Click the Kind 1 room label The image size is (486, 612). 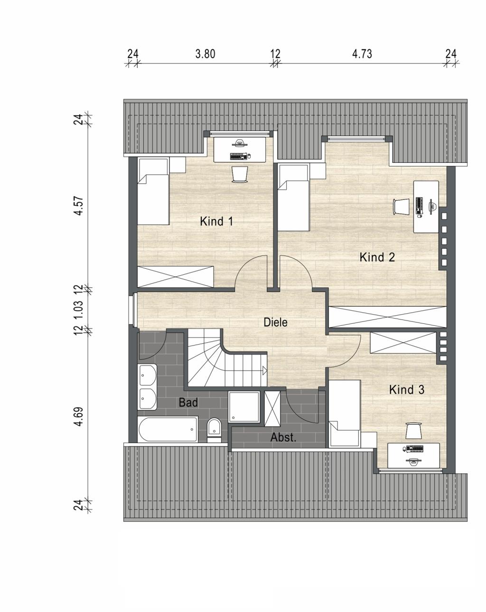pos(216,221)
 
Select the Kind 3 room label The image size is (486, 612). pos(407,389)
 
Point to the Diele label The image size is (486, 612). pos(275,322)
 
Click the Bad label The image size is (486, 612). pos(188,402)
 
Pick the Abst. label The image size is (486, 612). pos(283,437)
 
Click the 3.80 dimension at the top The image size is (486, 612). pos(205,54)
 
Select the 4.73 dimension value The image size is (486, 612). pos(362,54)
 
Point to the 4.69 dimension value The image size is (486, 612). pos(78,416)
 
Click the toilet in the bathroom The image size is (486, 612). pos(214,430)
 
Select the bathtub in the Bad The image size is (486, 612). pos(168,429)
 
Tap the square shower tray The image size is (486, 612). pos(244,406)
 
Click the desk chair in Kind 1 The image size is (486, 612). pos(240,174)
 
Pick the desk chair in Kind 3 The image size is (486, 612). pos(413,431)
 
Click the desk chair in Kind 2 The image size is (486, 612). pos(401,206)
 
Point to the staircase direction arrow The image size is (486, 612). pos(264,370)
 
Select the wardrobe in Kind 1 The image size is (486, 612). pos(176,276)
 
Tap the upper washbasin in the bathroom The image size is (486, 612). pos(147,376)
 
